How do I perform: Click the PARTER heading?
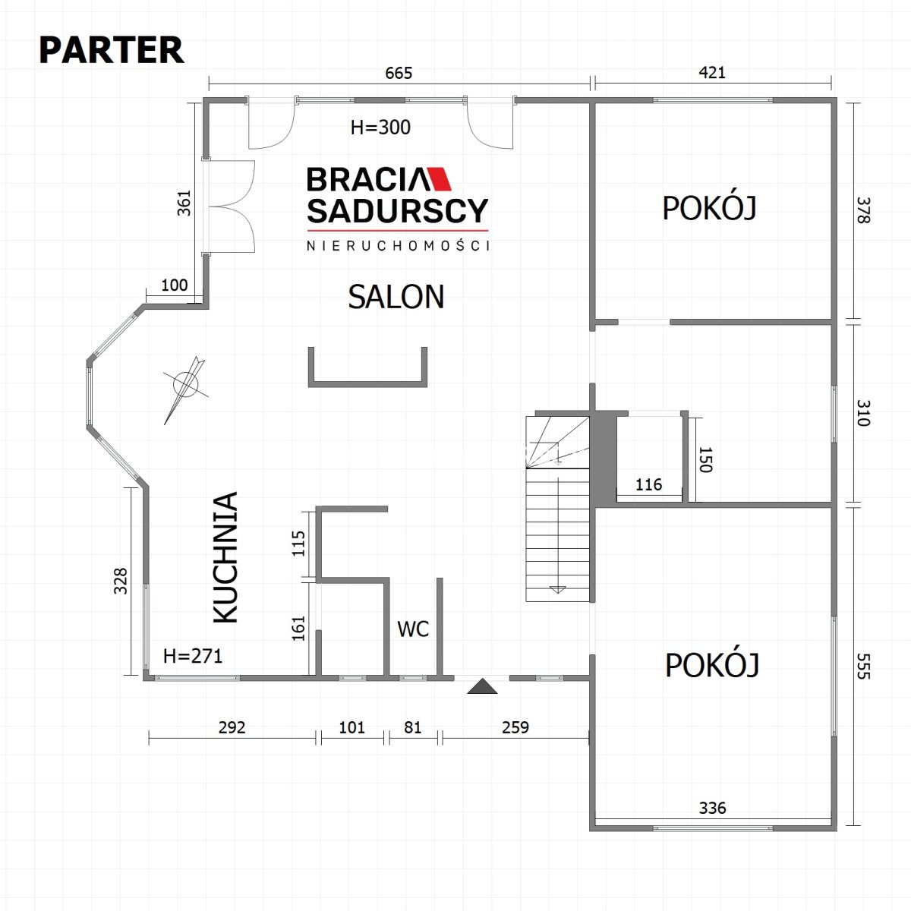pyautogui.click(x=111, y=50)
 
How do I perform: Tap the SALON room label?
pyautogui.click(x=396, y=297)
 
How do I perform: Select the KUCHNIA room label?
pyautogui.click(x=225, y=557)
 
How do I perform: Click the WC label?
pyautogui.click(x=413, y=629)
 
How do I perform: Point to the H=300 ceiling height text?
pyautogui.click(x=380, y=128)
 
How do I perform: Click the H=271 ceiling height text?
pyautogui.click(x=192, y=656)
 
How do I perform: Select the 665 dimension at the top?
pyautogui.click(x=399, y=74)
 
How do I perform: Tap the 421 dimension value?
pyautogui.click(x=712, y=72)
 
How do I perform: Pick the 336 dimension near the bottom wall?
pyautogui.click(x=712, y=821)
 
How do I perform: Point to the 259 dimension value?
pyautogui.click(x=515, y=727)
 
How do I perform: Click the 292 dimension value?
pyautogui.click(x=232, y=727)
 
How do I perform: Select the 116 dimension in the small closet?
pyautogui.click(x=648, y=484)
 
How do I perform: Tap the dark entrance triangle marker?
pyautogui.click(x=482, y=687)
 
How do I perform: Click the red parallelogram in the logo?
pyautogui.click(x=439, y=178)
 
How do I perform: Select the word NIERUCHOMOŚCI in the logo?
pyautogui.click(x=398, y=245)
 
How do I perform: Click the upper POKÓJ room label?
pyautogui.click(x=709, y=208)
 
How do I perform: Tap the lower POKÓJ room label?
pyautogui.click(x=712, y=665)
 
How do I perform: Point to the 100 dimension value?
pyautogui.click(x=175, y=285)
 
